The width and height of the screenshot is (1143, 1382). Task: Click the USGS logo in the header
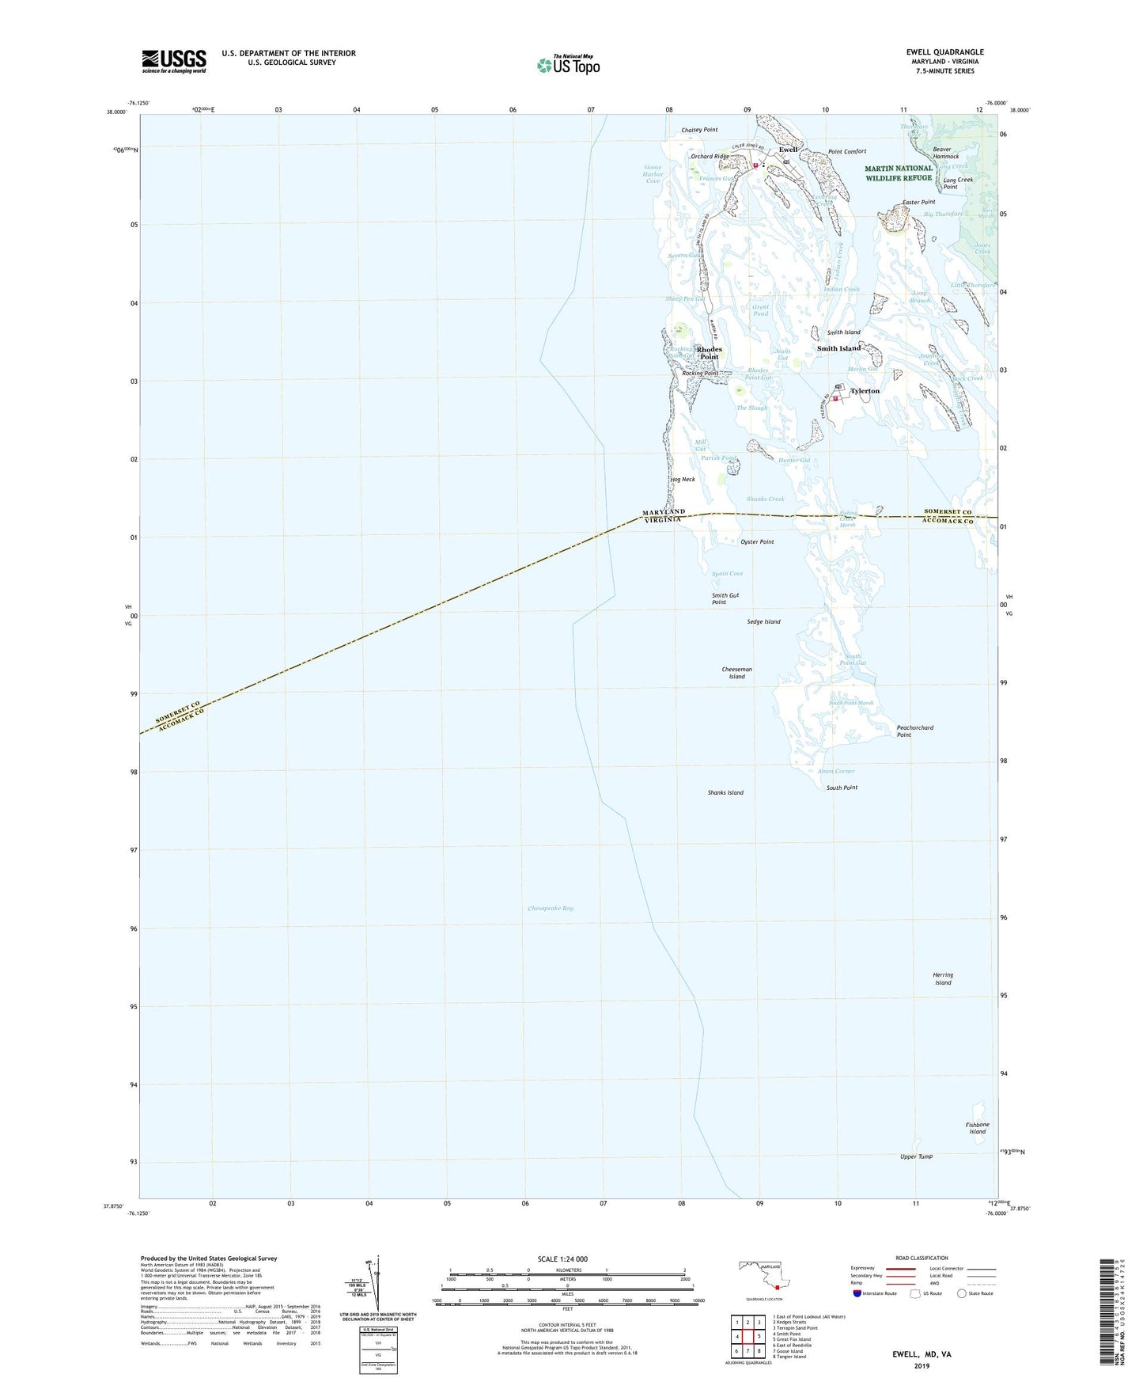(x=174, y=61)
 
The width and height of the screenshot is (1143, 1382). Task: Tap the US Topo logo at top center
(x=567, y=64)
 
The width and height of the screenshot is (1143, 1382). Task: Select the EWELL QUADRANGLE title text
(x=944, y=52)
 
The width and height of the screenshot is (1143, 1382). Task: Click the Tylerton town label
(x=865, y=391)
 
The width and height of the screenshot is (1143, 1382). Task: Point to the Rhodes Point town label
(x=709, y=353)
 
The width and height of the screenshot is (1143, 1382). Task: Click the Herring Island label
(x=943, y=978)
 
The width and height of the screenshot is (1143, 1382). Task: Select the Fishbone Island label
(x=977, y=1128)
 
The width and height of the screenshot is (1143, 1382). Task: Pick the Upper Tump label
(x=916, y=1156)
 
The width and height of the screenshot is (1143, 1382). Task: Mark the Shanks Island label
(x=725, y=792)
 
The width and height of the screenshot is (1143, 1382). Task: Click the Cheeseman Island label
(x=736, y=673)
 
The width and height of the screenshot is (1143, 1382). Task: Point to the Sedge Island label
(x=763, y=621)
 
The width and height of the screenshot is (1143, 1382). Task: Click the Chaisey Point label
(x=699, y=130)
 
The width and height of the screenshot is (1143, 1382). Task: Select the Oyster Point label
(x=757, y=542)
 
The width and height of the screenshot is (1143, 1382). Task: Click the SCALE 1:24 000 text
(x=562, y=1259)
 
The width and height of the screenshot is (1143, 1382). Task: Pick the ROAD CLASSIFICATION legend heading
(x=922, y=1258)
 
